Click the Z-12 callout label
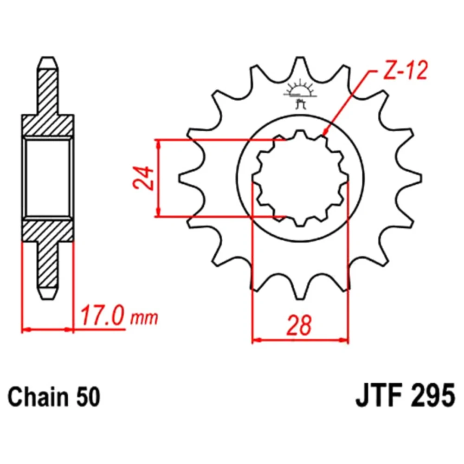tap(405, 71)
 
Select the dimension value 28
tap(299, 325)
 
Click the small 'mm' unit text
tap(144, 318)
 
